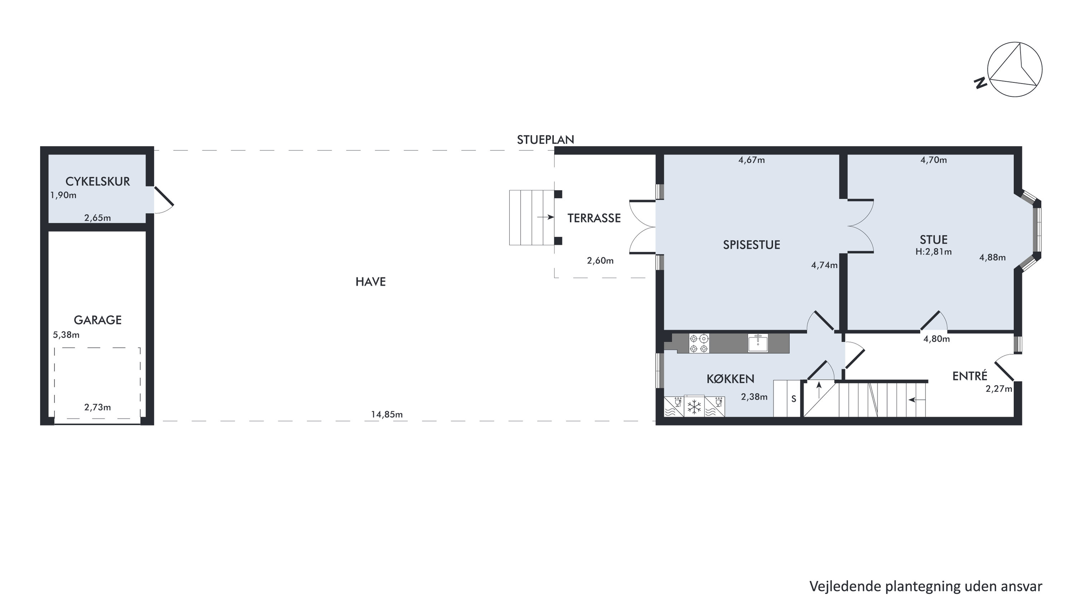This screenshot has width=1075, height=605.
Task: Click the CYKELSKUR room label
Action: coord(97,181)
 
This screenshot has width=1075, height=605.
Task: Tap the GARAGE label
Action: coord(97,320)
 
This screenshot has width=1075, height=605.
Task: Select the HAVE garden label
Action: coord(371,282)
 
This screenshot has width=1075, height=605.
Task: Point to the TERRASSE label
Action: coord(594,218)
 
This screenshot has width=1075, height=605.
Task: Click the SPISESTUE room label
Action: coord(752,245)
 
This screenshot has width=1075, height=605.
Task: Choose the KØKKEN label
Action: coord(730,379)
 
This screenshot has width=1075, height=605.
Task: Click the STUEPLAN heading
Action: coord(546,140)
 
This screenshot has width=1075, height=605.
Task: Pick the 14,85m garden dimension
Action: coord(387,415)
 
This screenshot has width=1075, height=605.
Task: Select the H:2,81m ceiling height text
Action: coord(933,252)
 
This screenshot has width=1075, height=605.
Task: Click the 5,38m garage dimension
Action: coord(66,335)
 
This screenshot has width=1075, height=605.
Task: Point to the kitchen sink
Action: coord(758,343)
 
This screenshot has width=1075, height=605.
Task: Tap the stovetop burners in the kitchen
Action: coord(699,343)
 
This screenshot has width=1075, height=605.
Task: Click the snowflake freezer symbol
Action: coord(694,407)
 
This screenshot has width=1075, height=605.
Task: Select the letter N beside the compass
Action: coord(980,83)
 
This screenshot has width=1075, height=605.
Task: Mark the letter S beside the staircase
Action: coord(794,399)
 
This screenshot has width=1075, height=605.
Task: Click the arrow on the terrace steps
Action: coord(546,217)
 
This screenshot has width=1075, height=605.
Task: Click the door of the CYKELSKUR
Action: coord(163,196)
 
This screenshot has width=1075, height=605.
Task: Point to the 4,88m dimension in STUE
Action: coord(992,257)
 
